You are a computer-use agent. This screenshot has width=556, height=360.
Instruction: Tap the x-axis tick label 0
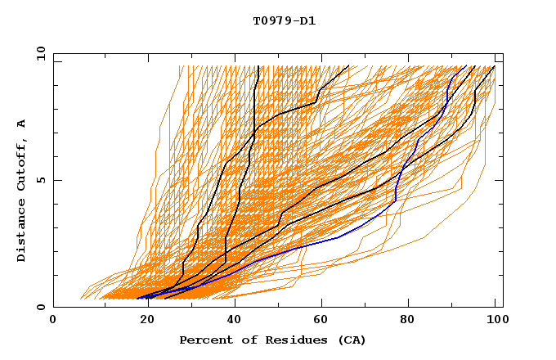[x=53, y=322]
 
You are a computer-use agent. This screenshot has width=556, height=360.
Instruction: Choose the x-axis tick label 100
[x=495, y=322]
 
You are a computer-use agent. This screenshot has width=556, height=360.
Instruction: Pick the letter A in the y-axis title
[x=22, y=124]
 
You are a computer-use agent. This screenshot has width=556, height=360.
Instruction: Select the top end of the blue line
[x=466, y=66]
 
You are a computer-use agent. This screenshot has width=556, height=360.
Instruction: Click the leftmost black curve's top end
[x=258, y=66]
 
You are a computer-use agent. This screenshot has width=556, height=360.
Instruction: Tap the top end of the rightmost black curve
[x=495, y=66]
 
